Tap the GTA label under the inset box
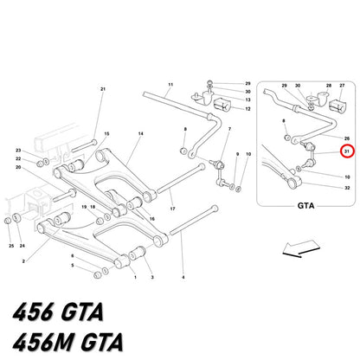coord(305,206)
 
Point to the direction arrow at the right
coord(301,248)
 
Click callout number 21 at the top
coord(103,89)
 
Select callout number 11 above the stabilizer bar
coord(170,85)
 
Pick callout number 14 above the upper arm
coord(140,134)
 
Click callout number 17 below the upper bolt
coord(172,209)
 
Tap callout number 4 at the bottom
coord(183,277)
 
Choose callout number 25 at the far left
coord(11,246)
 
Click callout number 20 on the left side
coord(18,167)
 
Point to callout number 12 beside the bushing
coord(247,109)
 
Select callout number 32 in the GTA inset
coord(347,188)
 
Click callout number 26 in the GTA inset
coord(347,138)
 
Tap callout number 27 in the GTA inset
coord(342,86)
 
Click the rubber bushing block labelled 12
coord(222,104)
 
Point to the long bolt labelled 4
coord(194,221)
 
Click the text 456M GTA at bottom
coord(68,342)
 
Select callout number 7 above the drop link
coord(229,129)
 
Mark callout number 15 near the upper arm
coord(106,134)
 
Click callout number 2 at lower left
coord(23,261)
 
